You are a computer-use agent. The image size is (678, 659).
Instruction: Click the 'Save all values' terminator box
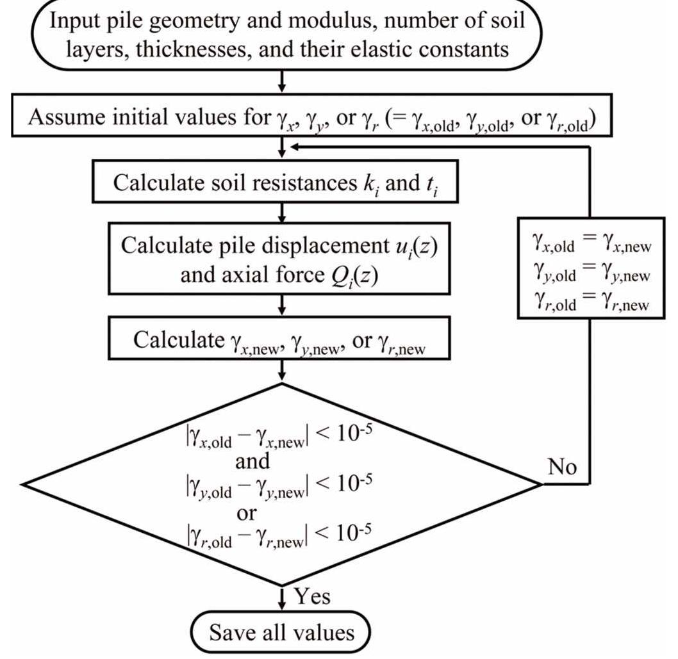tap(282, 633)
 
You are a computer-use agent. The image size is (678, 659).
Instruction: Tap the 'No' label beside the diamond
tap(563, 468)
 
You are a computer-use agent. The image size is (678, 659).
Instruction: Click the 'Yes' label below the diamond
tap(312, 596)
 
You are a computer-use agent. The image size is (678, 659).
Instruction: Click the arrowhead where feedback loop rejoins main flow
tap(292, 147)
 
